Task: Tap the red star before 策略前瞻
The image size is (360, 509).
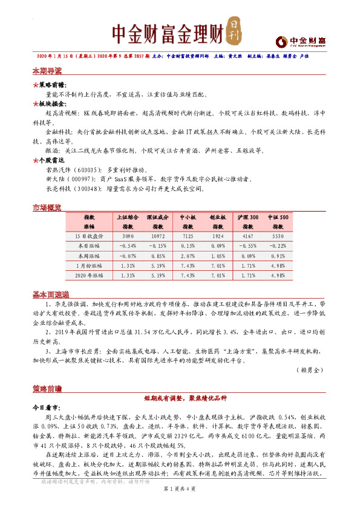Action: tap(34, 86)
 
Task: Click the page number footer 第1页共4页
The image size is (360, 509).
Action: tap(180, 496)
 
